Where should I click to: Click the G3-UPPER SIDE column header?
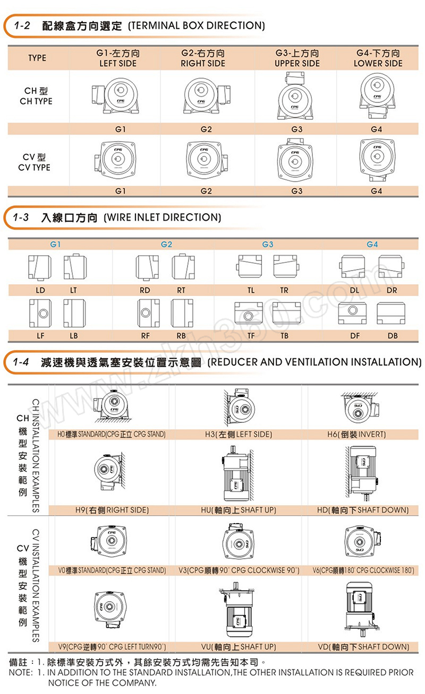click(297, 58)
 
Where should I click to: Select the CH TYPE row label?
click(36, 96)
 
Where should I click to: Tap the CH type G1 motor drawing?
click(115, 96)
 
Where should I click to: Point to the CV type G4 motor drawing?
click(377, 160)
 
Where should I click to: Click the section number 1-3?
click(21, 217)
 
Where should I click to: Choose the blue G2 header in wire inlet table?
click(166, 245)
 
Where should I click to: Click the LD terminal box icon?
click(40, 267)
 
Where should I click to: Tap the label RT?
click(181, 290)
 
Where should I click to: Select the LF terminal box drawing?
click(40, 313)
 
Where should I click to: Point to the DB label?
click(393, 336)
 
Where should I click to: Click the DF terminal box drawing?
click(352, 313)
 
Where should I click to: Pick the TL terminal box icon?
click(249, 266)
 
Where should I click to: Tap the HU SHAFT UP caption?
click(239, 510)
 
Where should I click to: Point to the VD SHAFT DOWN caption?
click(363, 647)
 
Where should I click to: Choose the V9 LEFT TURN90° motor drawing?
click(110, 609)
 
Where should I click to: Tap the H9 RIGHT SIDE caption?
click(112, 510)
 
